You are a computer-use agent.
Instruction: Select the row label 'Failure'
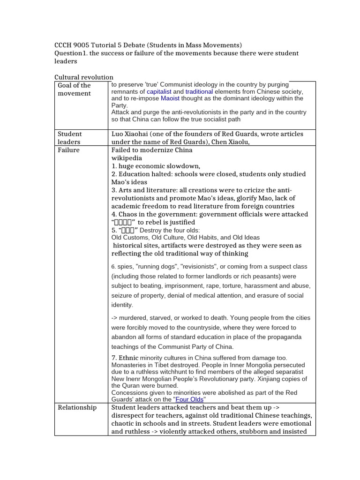click(68, 150)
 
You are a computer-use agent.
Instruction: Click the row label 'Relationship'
click(77, 407)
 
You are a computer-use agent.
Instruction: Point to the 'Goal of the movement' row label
click(74, 89)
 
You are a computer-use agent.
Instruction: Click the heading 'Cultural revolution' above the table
click(84, 77)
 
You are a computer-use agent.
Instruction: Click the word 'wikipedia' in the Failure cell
click(127, 158)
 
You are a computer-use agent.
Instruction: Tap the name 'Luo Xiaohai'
click(131, 134)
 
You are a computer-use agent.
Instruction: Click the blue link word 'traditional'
click(199, 91)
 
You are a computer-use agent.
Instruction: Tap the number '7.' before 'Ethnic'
click(114, 358)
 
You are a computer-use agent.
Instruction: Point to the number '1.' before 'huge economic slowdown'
click(114, 166)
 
